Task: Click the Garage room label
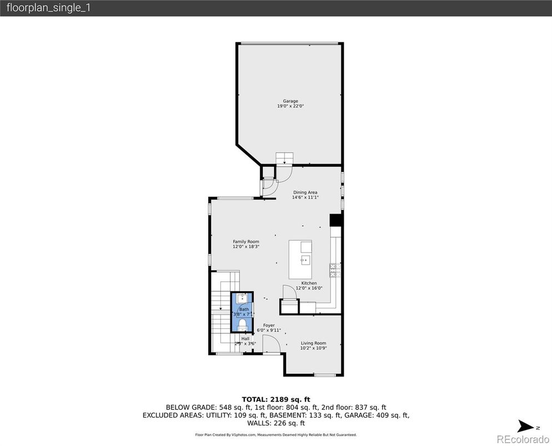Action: pos(290,101)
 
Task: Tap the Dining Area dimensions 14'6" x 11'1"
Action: pos(305,197)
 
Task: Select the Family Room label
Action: pos(245,241)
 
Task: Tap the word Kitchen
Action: pos(309,283)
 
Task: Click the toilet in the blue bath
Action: pos(243,324)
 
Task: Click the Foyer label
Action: pos(269,325)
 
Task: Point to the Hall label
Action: pos(245,338)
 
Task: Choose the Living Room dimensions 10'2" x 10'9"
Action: pos(313,348)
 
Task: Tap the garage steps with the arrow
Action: pos(284,158)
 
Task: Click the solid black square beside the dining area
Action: pos(335,220)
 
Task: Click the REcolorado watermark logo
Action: pos(521,439)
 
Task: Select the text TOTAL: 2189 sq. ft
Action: pos(275,399)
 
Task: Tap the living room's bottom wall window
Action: pos(324,376)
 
